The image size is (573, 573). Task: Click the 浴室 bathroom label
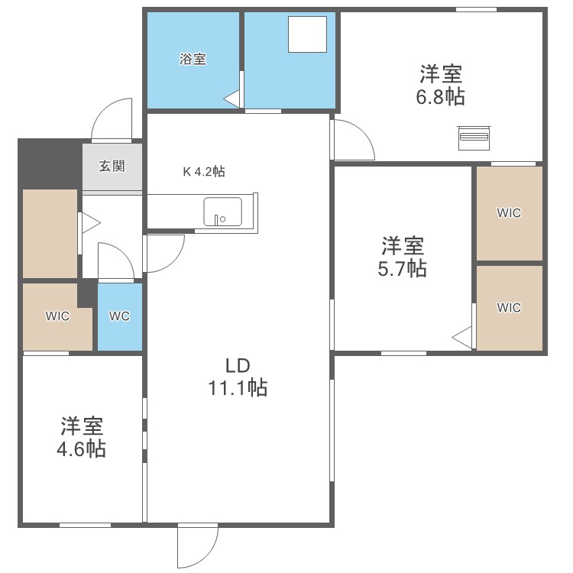point(193,59)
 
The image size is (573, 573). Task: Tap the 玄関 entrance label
point(112,166)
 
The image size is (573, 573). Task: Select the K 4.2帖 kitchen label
point(203,172)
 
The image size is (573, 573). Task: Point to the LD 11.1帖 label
point(238,377)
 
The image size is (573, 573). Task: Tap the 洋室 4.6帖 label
point(82,437)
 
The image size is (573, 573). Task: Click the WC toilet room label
point(119,316)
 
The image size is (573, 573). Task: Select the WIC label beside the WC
point(57,316)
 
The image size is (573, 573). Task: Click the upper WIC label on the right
point(509,213)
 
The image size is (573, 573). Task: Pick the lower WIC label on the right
point(509,307)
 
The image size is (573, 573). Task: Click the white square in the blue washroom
point(308,35)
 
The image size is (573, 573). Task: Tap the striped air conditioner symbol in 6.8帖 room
point(473,138)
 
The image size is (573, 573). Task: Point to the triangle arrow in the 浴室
point(232,98)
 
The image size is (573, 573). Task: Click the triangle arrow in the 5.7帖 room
point(461,335)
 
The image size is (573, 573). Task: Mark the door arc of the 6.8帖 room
point(353,140)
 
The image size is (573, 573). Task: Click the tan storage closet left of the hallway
point(50,233)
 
